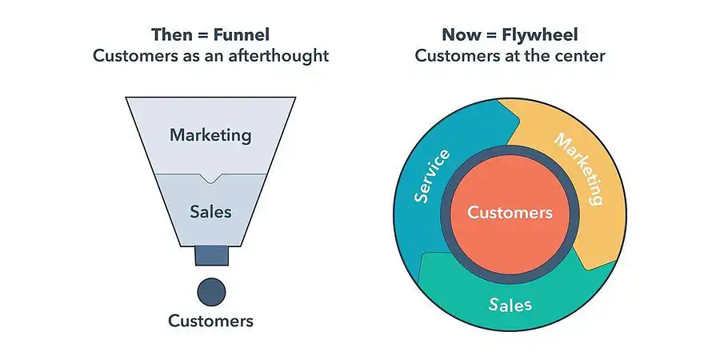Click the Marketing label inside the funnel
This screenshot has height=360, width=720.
pyautogui.click(x=210, y=135)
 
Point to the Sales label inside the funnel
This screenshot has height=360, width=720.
pyautogui.click(x=210, y=212)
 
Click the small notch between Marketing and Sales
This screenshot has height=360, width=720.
pyautogui.click(x=210, y=178)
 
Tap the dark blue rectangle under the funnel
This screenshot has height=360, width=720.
pyautogui.click(x=211, y=255)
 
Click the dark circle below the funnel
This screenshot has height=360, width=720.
pyautogui.click(x=211, y=291)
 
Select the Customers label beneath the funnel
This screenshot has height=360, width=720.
pyautogui.click(x=210, y=321)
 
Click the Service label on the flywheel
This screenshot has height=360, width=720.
pyautogui.click(x=432, y=176)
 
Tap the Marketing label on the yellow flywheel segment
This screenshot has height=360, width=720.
pyautogui.click(x=579, y=170)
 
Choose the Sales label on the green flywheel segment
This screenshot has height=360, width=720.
pyautogui.click(x=510, y=305)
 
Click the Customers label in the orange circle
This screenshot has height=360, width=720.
pyautogui.click(x=510, y=213)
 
